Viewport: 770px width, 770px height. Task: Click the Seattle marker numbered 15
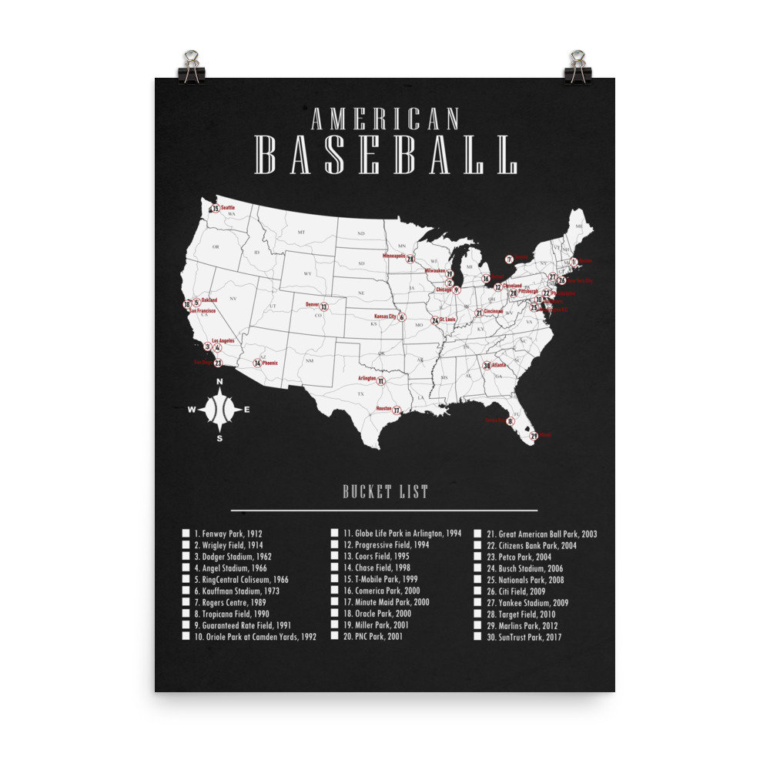click(x=216, y=209)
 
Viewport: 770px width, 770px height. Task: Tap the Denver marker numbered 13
click(x=324, y=307)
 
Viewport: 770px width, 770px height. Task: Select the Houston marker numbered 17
click(x=397, y=411)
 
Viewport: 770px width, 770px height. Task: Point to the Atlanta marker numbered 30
click(x=487, y=366)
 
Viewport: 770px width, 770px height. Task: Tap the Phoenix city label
click(x=270, y=362)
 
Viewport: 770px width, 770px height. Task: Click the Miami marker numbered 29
click(x=534, y=437)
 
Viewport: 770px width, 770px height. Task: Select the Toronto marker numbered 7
click(x=509, y=259)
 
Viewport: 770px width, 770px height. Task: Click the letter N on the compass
click(x=219, y=382)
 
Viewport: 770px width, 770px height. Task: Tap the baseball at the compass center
click(x=219, y=410)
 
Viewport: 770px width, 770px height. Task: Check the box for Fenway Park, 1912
click(x=186, y=533)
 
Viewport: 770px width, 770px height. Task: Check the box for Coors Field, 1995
click(x=336, y=556)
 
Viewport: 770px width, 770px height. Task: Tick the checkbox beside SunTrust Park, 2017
click(x=477, y=638)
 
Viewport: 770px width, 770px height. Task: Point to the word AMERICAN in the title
click(x=385, y=119)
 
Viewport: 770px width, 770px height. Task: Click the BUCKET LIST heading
click(x=385, y=492)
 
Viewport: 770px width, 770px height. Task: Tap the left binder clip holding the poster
click(x=191, y=67)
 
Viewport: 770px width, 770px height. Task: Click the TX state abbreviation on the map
click(x=360, y=394)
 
